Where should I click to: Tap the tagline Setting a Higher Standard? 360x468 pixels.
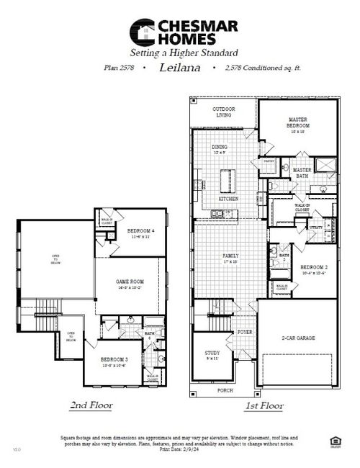pyautogui.click(x=183, y=53)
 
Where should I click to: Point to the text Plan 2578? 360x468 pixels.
pyautogui.click(x=119, y=67)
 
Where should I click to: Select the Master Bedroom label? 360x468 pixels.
pyautogui.click(x=297, y=122)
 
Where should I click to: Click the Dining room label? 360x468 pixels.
pyautogui.click(x=220, y=149)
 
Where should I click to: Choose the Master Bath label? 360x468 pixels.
pyautogui.click(x=302, y=173)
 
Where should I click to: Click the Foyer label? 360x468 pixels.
pyautogui.click(x=245, y=333)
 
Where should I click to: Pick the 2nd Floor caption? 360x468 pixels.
pyautogui.click(x=91, y=405)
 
